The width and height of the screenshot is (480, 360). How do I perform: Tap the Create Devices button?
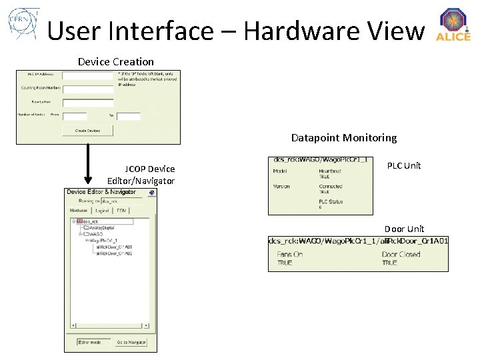coord(87,131)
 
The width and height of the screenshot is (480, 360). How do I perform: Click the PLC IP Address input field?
coord(87,75)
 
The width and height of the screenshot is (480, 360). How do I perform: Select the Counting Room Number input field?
coord(87,88)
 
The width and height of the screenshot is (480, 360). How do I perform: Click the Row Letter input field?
coord(87,103)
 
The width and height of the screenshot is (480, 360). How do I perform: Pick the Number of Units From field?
coord(75,116)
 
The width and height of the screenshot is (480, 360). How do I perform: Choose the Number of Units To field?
coord(129,116)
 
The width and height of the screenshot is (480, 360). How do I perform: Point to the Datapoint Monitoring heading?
coord(343,138)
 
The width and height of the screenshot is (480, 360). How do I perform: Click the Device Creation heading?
coord(115,61)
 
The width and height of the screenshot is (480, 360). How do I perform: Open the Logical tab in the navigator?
coord(102,210)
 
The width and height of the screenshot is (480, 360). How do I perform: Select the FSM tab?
coord(121,210)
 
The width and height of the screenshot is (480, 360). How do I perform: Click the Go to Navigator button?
coord(131,343)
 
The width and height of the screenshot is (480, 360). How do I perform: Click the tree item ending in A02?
coord(115,254)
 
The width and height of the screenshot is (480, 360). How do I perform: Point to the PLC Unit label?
coord(404,165)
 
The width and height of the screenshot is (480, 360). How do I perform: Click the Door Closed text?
coord(401,255)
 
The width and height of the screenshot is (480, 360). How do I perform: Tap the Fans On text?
coord(290,255)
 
